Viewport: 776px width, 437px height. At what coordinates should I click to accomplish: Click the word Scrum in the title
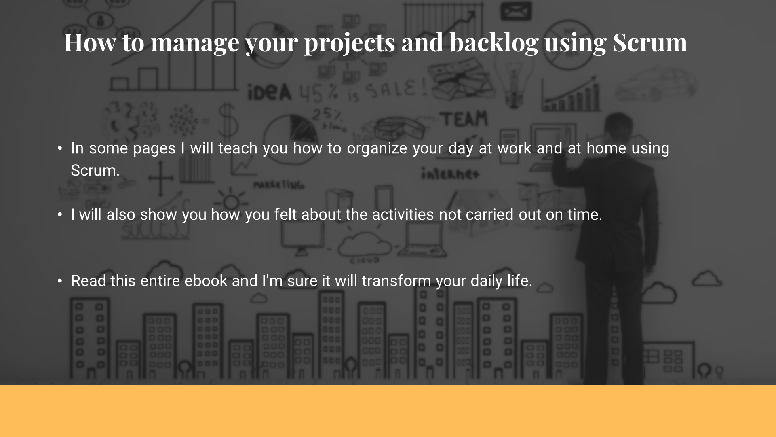click(x=649, y=42)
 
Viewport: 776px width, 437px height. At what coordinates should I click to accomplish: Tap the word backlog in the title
click(x=493, y=42)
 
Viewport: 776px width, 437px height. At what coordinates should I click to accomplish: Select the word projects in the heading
click(x=349, y=42)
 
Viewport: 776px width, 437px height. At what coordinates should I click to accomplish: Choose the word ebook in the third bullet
click(x=206, y=281)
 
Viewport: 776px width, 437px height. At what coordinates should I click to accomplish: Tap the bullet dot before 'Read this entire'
click(x=60, y=281)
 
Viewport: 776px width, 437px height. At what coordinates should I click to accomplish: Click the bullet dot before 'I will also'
click(x=60, y=214)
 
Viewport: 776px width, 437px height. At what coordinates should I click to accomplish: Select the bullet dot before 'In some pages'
click(x=60, y=148)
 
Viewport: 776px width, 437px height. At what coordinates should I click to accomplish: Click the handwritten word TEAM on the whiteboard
click(x=464, y=119)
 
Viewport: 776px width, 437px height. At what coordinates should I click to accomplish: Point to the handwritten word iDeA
click(x=269, y=92)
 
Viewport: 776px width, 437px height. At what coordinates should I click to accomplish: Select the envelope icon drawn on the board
click(x=516, y=12)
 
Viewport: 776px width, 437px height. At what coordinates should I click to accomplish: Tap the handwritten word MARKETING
click(x=278, y=185)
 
